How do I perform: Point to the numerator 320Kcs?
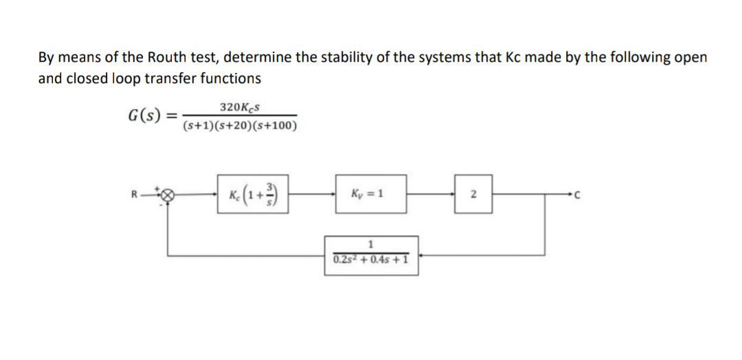[240, 107]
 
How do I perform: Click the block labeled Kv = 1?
[371, 193]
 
